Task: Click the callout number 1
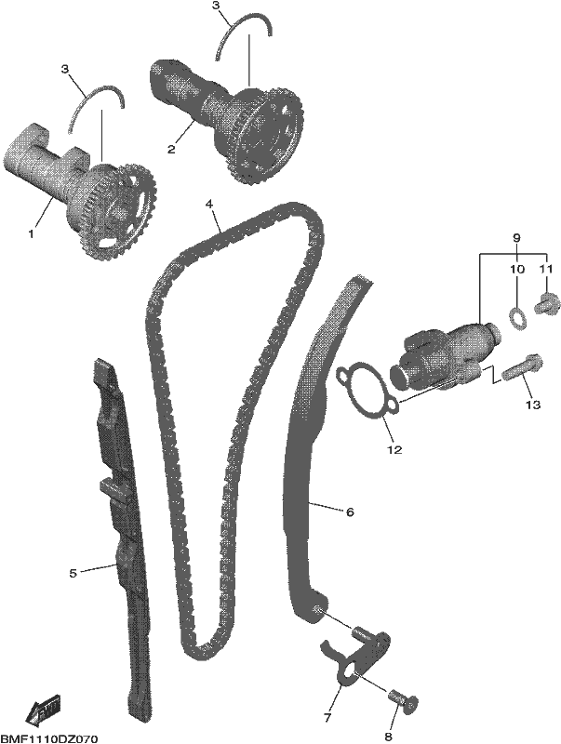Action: coord(32,234)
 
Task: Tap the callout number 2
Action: coord(171,150)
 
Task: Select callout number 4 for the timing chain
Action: coord(208,204)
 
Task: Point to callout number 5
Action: coord(73,573)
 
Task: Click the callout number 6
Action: coord(350,512)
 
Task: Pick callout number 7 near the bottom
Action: coord(327,718)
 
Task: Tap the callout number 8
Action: coord(388,737)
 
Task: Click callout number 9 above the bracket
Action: coord(517,236)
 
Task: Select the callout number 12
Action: coord(394,449)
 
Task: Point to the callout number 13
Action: coord(533,405)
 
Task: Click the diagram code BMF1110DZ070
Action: coord(50,738)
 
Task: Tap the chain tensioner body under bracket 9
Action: coord(444,356)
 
